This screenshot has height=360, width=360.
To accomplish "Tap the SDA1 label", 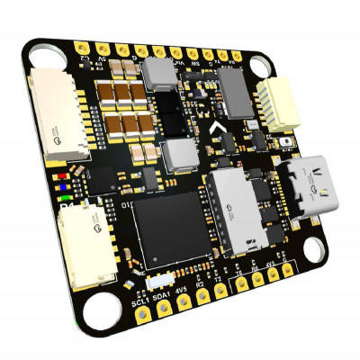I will pyautogui.click(x=162, y=293).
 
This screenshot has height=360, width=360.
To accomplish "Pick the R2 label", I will pyautogui.click(x=201, y=288).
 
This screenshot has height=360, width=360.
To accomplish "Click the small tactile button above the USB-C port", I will pyautogui.click(x=287, y=142).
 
